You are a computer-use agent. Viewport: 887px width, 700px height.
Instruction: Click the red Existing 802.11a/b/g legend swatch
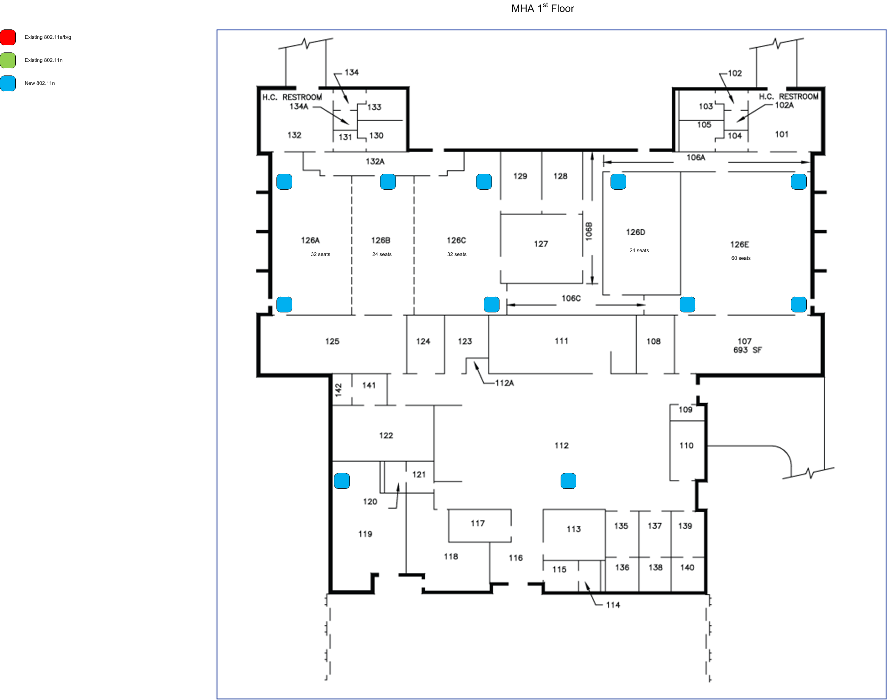8,37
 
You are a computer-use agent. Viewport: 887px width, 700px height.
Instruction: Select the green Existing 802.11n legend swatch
8,60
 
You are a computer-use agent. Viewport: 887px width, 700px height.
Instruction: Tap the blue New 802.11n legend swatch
8,83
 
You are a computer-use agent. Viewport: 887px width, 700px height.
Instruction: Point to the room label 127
541,244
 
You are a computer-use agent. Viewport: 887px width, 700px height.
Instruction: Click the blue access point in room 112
568,481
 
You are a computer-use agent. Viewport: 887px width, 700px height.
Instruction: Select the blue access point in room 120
342,481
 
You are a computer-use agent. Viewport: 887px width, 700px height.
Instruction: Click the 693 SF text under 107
747,350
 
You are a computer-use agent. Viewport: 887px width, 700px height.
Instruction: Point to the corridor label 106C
571,298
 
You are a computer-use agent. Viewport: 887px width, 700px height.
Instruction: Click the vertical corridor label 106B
589,232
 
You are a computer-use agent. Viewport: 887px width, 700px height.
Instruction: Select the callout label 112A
505,383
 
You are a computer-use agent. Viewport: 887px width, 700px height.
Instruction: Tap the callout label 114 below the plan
613,605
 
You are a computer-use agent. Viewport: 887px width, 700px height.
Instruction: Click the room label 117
478,523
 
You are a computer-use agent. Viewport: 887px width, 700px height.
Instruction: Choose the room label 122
386,435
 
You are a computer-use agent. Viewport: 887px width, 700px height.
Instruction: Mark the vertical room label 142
338,389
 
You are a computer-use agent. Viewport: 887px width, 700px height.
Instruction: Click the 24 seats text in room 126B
382,255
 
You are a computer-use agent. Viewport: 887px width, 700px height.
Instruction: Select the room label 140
687,568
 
